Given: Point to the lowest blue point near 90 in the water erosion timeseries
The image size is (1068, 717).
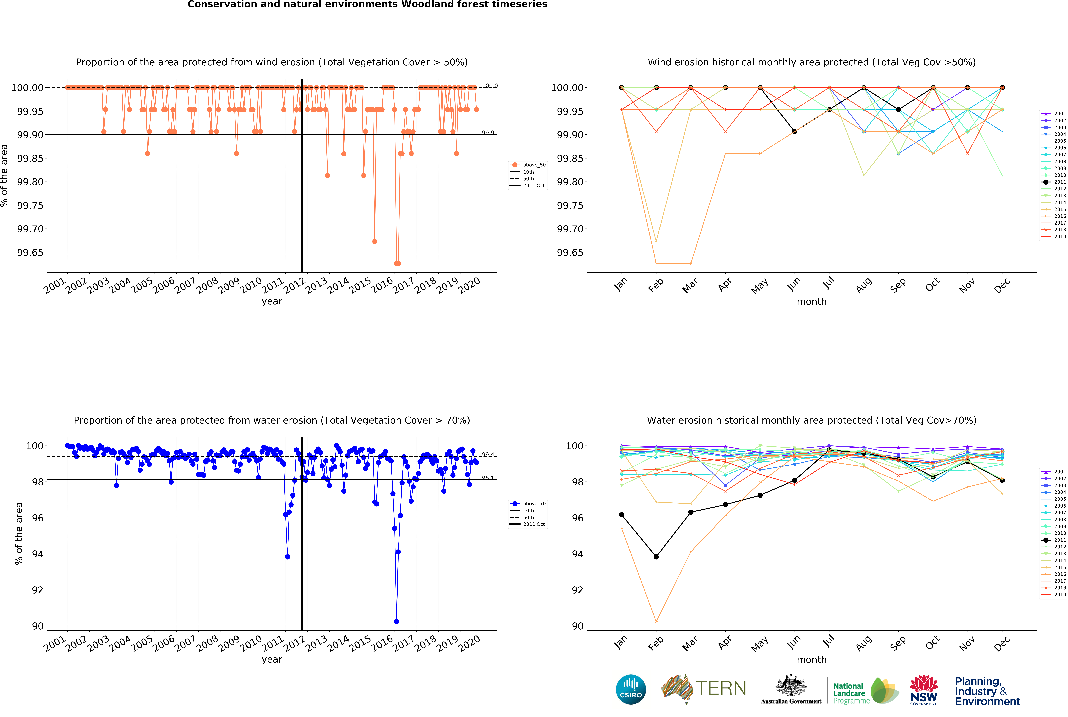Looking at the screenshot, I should (396, 621).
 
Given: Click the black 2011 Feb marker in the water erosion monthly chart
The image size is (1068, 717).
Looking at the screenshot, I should (656, 557).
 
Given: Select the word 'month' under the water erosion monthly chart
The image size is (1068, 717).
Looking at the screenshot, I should (811, 659).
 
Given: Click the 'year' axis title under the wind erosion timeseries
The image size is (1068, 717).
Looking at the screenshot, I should (272, 301).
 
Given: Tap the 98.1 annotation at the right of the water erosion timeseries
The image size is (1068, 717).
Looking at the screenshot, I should (488, 478).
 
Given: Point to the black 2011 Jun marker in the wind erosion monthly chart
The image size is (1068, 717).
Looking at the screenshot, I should (794, 132).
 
